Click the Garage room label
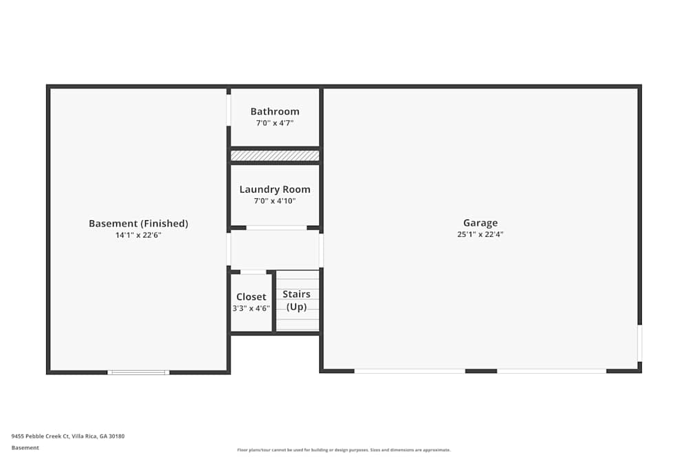point(480,223)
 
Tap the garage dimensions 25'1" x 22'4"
point(480,234)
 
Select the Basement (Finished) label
point(138,224)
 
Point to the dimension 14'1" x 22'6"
point(138,235)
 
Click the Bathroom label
point(275,111)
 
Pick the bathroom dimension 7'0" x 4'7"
point(275,122)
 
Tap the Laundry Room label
point(275,189)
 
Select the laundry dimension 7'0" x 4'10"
point(275,201)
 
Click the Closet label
point(251,297)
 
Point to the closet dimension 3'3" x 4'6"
point(251,308)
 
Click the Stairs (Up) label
point(297,300)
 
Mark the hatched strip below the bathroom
point(275,156)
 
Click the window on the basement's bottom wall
point(138,372)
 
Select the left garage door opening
point(409,371)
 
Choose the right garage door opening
point(552,371)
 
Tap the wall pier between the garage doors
point(481,371)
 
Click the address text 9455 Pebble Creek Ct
point(68,436)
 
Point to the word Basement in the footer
point(25,447)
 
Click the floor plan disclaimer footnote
point(344,450)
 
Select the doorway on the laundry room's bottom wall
point(277,228)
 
